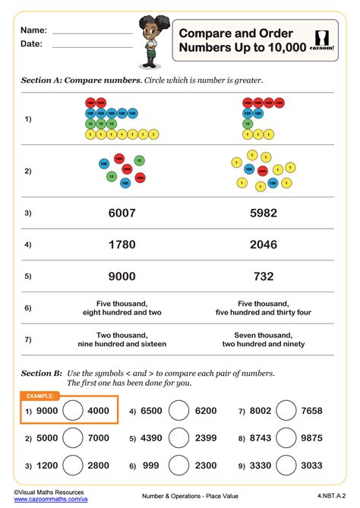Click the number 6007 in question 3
(122, 213)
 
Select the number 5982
(264, 213)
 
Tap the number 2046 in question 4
(264, 245)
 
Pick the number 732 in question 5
(264, 276)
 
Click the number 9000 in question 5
(122, 276)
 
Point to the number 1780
(122, 245)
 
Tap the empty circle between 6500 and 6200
(178, 411)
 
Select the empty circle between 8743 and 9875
(286, 438)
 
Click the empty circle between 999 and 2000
(178, 465)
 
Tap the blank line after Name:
(92, 33)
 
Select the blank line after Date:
(92, 47)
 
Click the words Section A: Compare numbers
(81, 80)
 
